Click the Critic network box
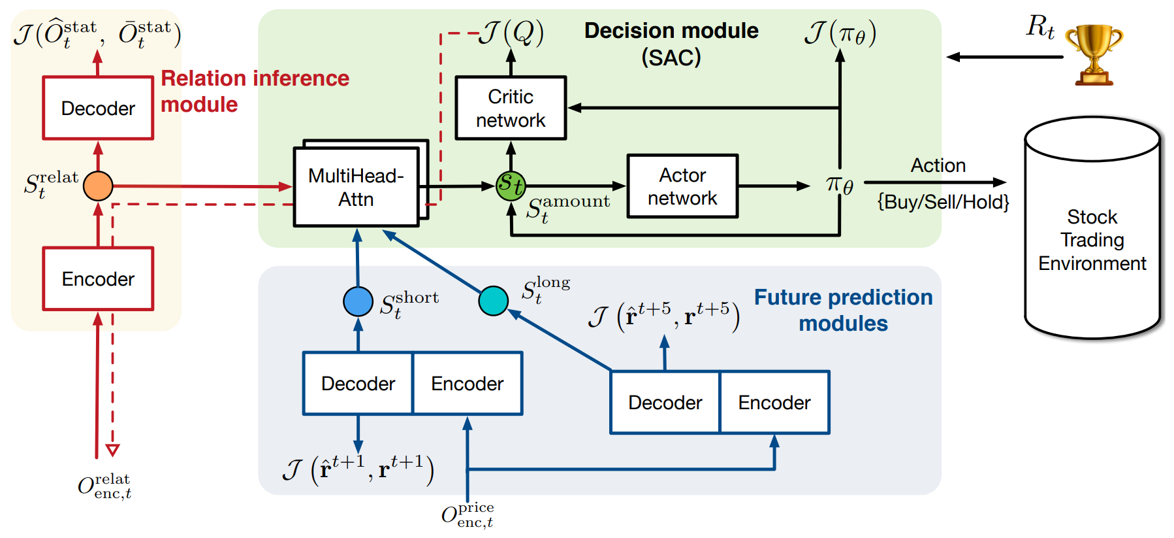tap(511, 108)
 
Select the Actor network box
tap(682, 186)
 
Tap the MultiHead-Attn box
tap(357, 187)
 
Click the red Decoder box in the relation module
tap(98, 108)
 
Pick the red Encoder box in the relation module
tap(98, 278)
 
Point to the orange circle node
tap(98, 186)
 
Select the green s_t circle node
tap(511, 186)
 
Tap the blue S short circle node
tap(358, 301)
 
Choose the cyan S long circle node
tap(493, 301)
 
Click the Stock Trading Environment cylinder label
tap(1092, 240)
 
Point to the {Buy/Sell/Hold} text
tap(943, 202)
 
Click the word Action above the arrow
tap(938, 165)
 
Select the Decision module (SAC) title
tap(671, 44)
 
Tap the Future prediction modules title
tap(844, 311)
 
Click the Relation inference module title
tap(255, 92)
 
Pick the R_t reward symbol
tap(1040, 27)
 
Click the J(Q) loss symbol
tap(511, 33)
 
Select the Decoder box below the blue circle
tap(358, 383)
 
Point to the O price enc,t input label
tap(468, 515)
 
